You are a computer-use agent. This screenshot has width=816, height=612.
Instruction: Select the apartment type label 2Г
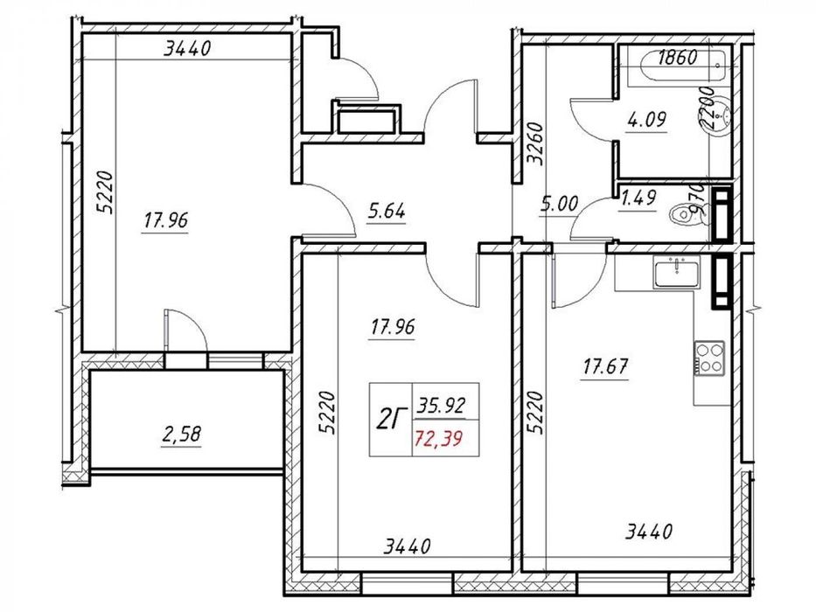pos(390,420)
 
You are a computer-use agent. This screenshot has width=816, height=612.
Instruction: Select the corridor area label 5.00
pos(560,205)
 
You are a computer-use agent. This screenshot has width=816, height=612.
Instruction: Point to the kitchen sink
pos(680,274)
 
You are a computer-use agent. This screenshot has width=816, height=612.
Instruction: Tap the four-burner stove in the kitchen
pos(709,357)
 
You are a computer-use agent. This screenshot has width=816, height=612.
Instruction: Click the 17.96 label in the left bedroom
pos(166,220)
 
